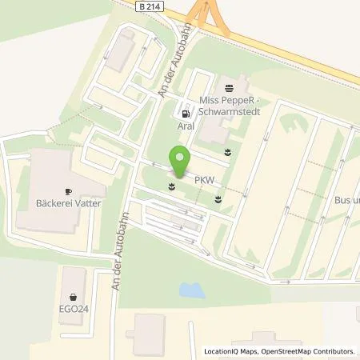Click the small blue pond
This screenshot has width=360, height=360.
click(x=191, y=287)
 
